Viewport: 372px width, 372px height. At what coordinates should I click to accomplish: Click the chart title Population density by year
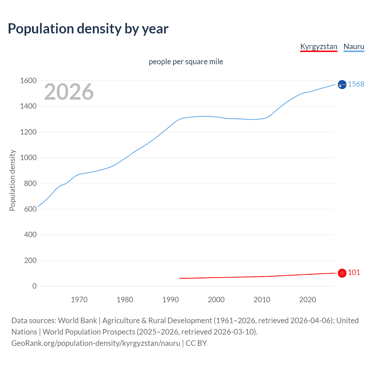coord(88,29)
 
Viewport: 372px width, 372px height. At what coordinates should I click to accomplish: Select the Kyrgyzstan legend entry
coord(319,46)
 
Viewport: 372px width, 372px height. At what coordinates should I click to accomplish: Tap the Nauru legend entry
coord(354,46)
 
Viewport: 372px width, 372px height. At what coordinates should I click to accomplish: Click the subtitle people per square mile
coord(186,62)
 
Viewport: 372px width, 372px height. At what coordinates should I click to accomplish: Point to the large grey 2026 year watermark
coord(69,92)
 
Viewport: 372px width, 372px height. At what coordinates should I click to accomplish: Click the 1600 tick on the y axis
coord(28,81)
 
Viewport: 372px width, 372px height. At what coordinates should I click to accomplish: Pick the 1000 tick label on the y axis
coord(28,158)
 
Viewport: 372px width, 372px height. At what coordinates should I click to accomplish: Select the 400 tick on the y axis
coord(30,235)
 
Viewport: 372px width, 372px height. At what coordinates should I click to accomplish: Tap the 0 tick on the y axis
coord(35,286)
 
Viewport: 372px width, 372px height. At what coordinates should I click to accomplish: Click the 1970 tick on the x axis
coord(79,300)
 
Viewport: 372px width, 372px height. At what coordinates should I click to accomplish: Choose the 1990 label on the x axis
coord(171,300)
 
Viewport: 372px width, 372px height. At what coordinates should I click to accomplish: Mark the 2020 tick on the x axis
coord(307,300)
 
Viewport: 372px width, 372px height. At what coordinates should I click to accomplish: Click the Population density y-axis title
coord(12,180)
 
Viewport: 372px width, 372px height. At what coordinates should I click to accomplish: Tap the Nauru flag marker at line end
coord(342,85)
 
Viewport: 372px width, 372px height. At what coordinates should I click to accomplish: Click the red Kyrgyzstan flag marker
coord(342,273)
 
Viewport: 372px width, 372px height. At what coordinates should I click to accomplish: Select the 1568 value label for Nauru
coord(356,84)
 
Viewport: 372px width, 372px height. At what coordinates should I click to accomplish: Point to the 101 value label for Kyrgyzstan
coord(354,272)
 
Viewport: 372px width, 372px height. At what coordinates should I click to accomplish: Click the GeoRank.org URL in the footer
coord(96,343)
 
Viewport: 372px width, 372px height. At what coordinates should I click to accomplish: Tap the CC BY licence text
coord(196,343)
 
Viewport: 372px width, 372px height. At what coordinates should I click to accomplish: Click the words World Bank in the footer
coord(77,321)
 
